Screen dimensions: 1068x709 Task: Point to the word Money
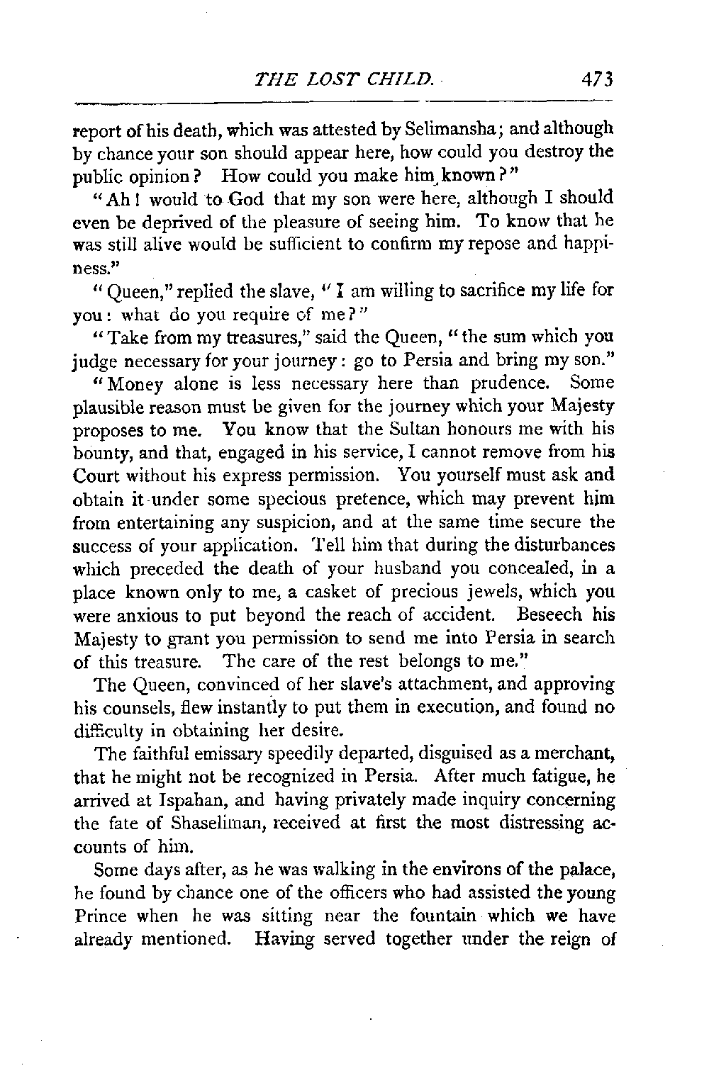pyautogui.click(x=114, y=383)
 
